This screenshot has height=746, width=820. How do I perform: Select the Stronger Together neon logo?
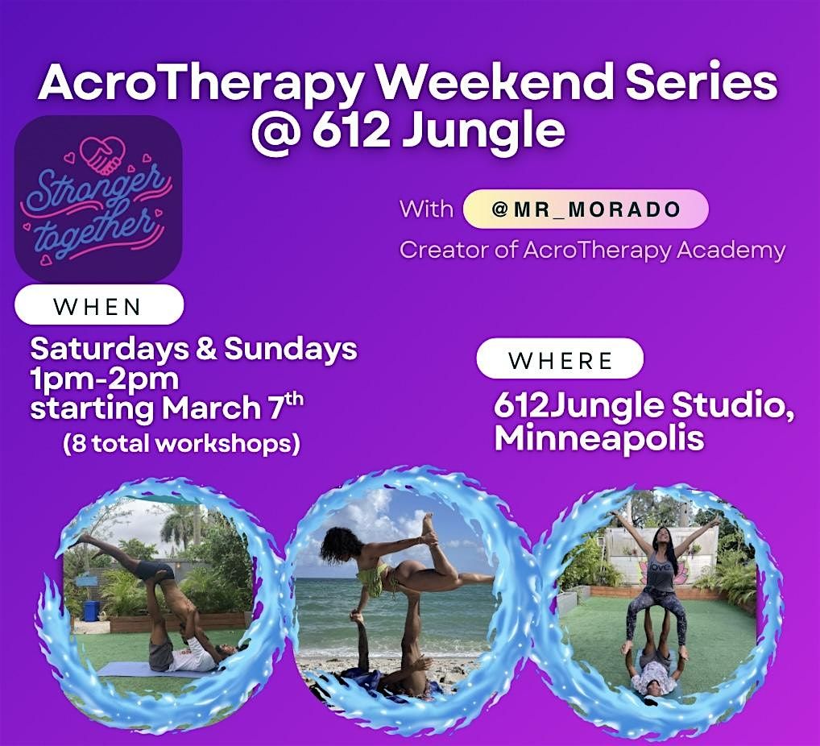(98, 199)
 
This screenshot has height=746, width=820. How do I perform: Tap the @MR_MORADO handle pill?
(586, 209)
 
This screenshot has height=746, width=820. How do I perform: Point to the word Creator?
(444, 250)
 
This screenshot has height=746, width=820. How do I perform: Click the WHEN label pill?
(99, 306)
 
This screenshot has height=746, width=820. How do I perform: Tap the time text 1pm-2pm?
(105, 379)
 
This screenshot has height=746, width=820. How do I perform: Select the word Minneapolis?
(599, 438)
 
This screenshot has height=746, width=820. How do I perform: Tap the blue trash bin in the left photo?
(91, 609)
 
